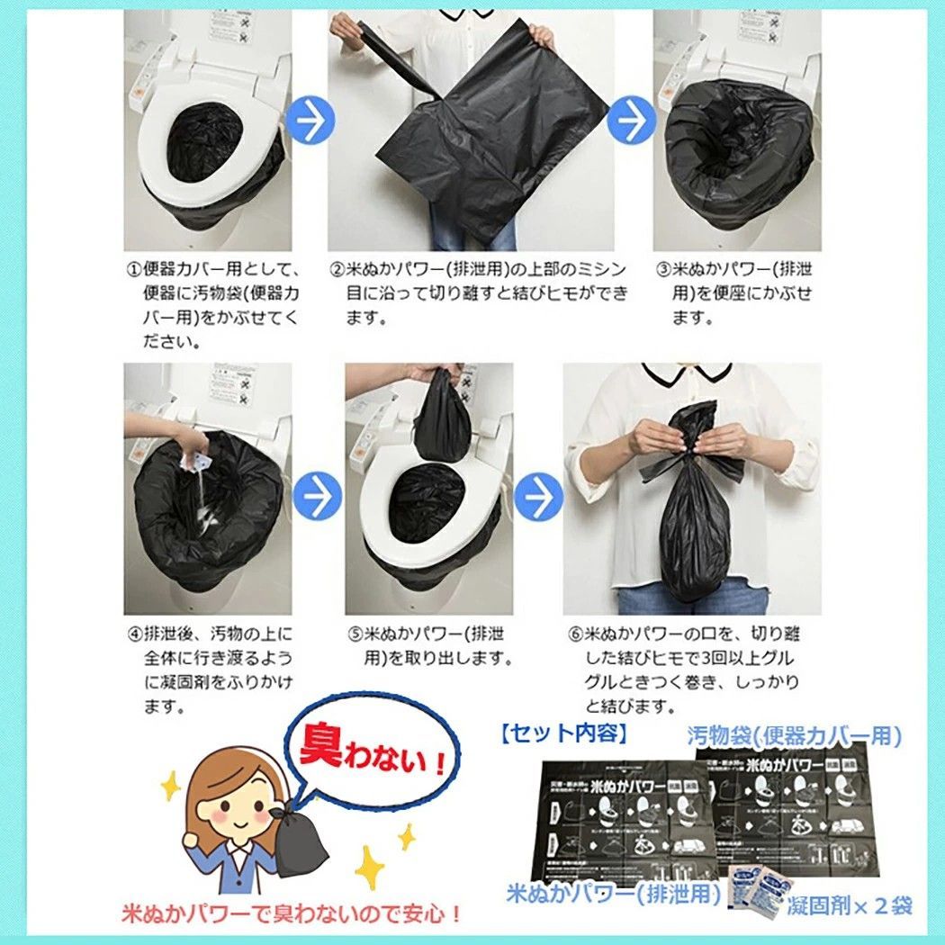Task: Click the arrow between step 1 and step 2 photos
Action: pos(312,122)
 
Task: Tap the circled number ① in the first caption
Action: pos(132,270)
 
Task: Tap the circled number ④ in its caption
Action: pos(132,634)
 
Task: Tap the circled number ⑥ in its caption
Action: pos(576,634)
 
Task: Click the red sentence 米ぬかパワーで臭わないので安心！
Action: pos(292,915)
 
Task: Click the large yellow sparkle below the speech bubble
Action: pos(370,869)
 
